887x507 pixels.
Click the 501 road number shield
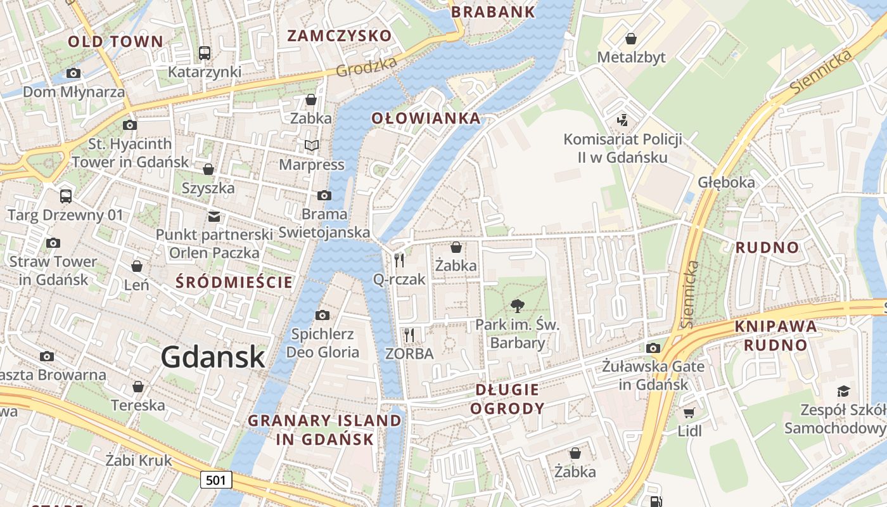216,480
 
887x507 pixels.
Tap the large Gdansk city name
212,357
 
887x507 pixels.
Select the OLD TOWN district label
115,42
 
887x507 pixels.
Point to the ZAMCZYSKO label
340,35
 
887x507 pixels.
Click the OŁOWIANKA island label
426,118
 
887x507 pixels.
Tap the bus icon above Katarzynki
205,53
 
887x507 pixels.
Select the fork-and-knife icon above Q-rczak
399,260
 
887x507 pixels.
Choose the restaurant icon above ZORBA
409,335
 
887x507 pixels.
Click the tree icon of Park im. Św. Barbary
518,306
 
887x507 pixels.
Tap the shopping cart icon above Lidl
689,413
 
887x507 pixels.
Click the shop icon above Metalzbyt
631,39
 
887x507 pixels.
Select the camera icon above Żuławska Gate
653,348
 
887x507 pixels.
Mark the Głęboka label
727,183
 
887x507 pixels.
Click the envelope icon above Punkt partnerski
214,216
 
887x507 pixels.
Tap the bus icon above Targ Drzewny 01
65,196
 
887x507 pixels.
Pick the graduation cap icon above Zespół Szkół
843,391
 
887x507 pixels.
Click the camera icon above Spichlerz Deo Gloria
322,315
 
